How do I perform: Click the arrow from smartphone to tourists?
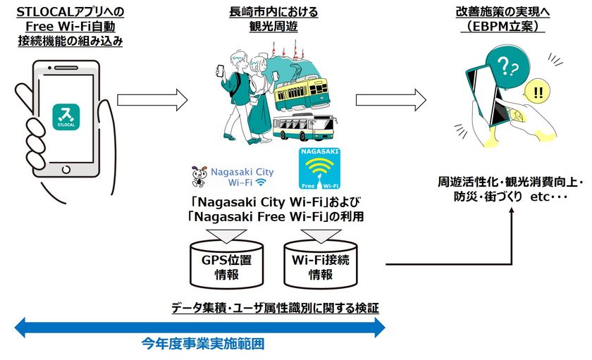pos(154,99)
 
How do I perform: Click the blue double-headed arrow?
pos(200,327)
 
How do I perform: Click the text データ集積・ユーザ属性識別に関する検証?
pos(275,308)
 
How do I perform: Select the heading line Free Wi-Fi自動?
pos(70,27)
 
